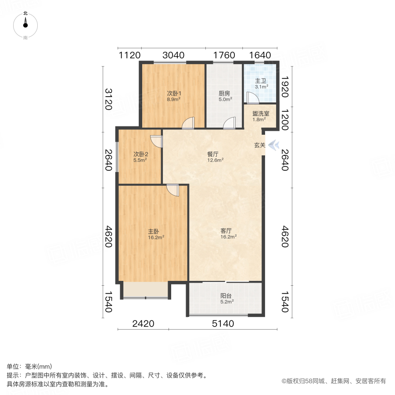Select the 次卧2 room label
point(140,154)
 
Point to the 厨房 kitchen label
point(225,93)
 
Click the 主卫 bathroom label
point(261,81)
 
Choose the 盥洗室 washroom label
point(261,113)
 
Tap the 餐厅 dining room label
point(213,154)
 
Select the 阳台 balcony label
point(226,295)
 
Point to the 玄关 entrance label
point(259,145)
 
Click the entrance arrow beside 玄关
point(273,145)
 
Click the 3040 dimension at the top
point(173,55)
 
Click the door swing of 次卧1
point(189,123)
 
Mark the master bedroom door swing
point(172,190)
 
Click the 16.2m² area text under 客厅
point(229,237)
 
